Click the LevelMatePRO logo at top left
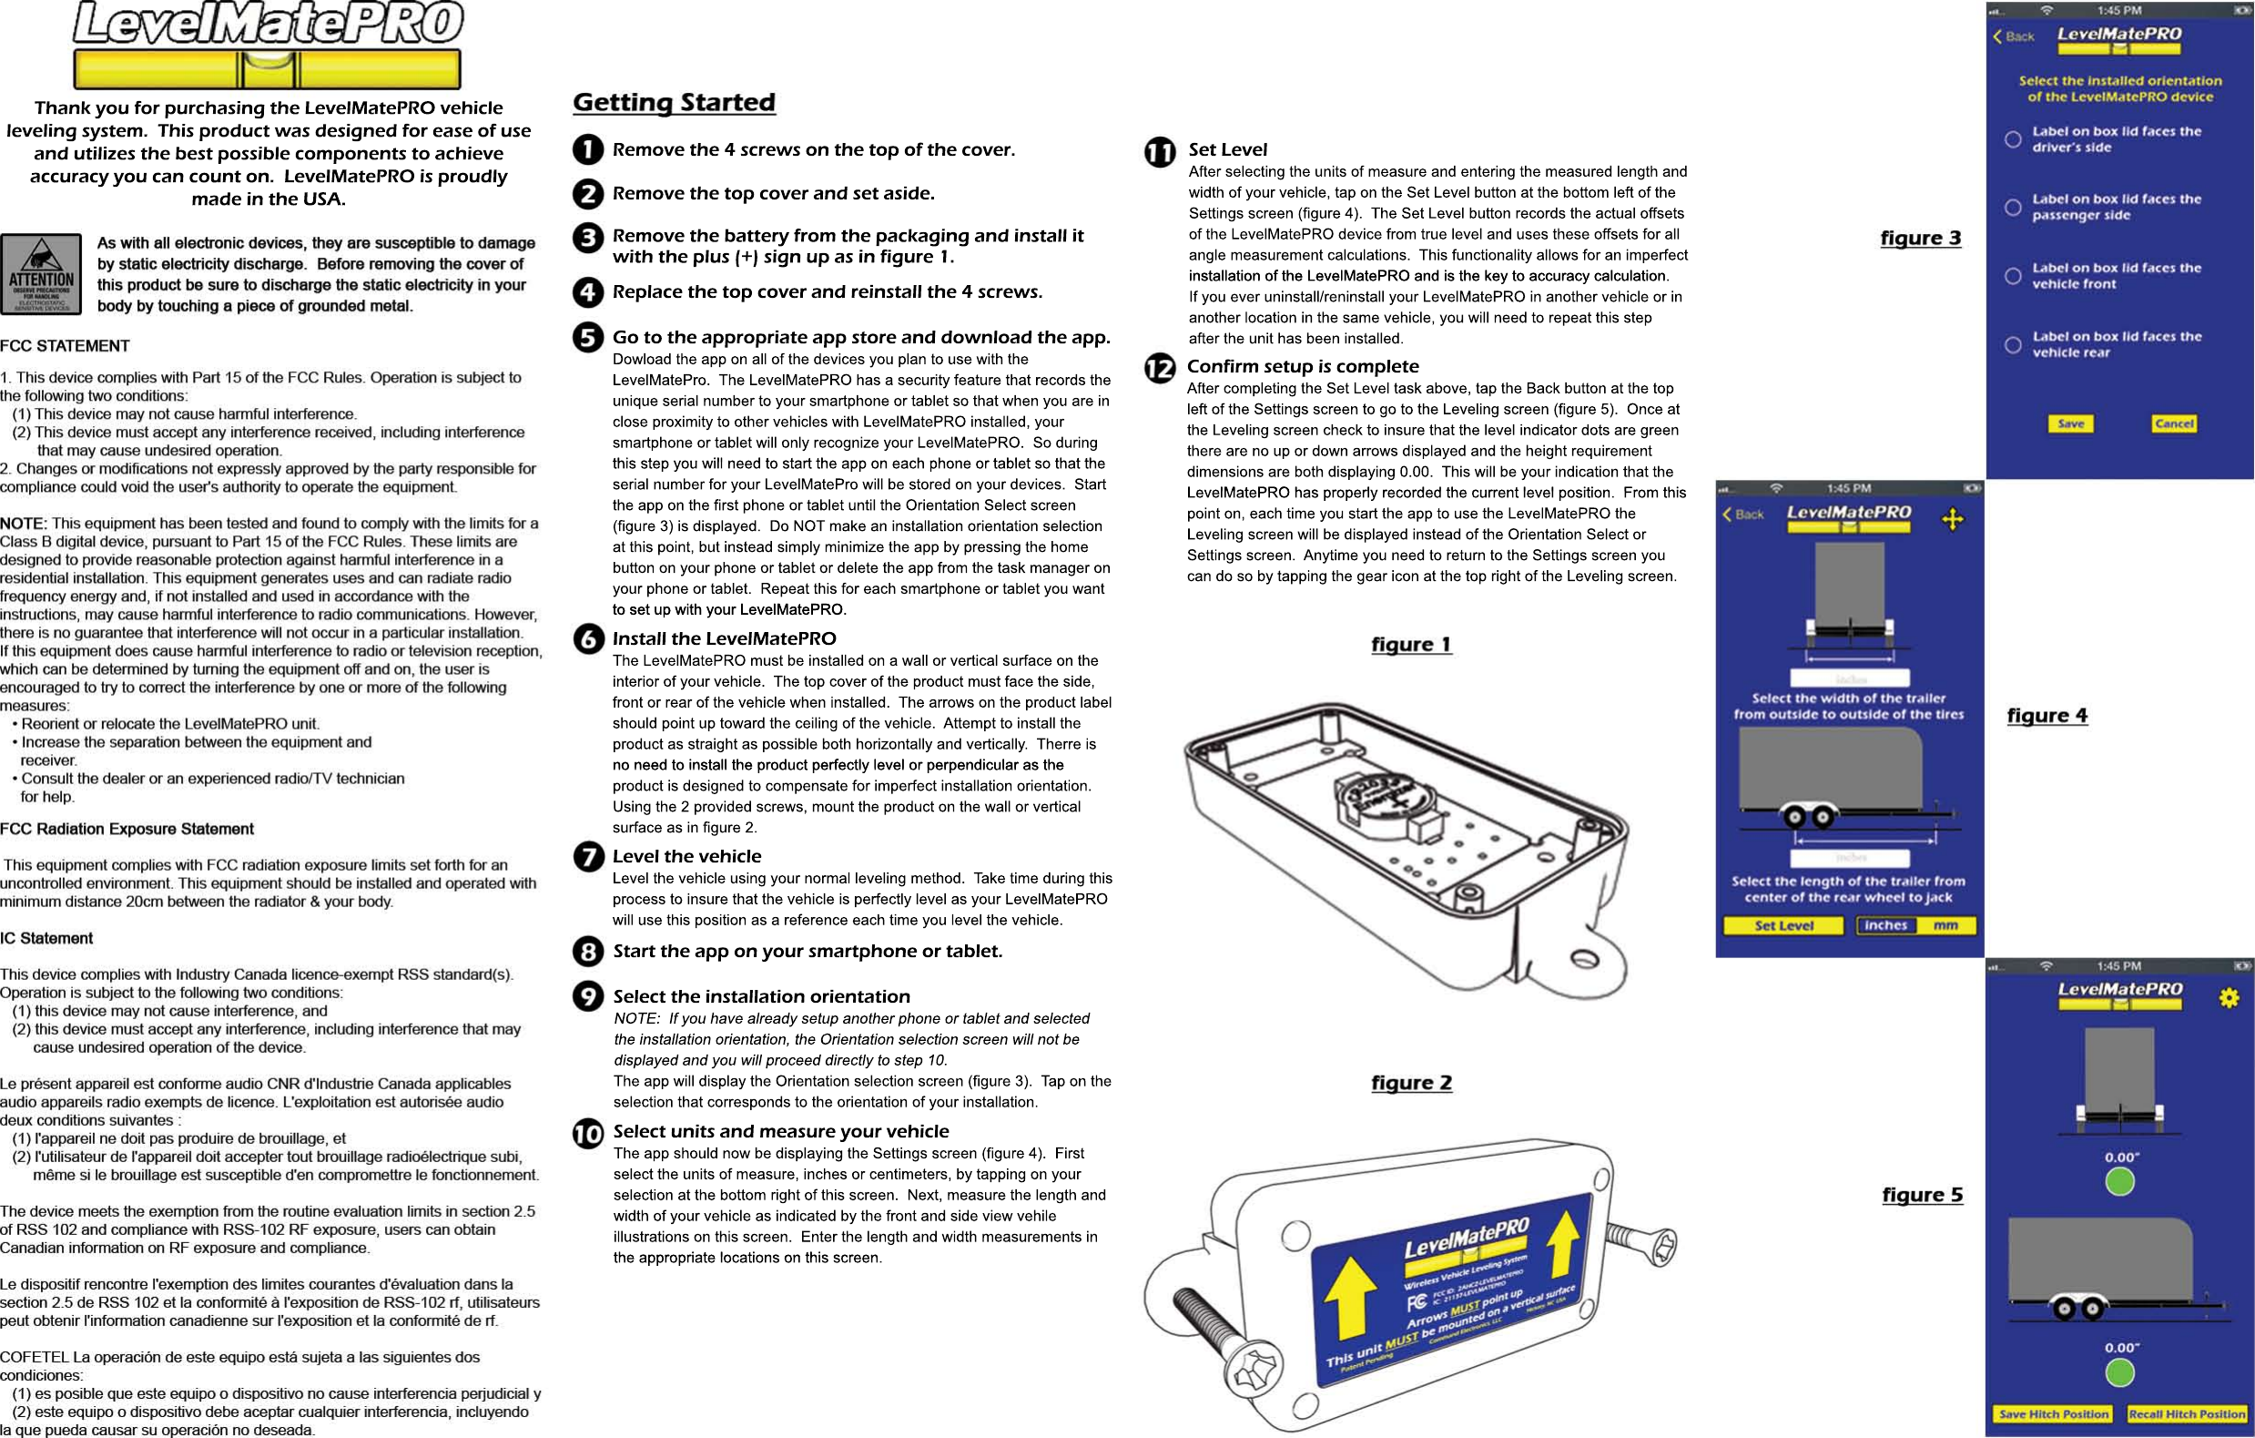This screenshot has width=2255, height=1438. click(268, 44)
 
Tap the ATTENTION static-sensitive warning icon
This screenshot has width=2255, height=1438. click(41, 273)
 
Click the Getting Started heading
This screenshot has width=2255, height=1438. click(675, 102)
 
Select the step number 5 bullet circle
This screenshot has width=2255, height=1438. click(588, 337)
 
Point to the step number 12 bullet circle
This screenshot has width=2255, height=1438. click(1159, 368)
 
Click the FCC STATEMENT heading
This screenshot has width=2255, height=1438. click(66, 346)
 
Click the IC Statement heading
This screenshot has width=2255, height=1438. click(46, 938)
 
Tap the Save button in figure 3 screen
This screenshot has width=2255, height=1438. click(2070, 423)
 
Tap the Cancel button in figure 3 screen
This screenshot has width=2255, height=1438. click(2174, 423)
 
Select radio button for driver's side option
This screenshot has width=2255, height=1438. click(2013, 139)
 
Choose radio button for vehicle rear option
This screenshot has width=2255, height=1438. click(2013, 345)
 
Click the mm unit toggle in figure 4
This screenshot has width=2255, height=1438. click(1945, 925)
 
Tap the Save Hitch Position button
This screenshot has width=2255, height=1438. click(2054, 1413)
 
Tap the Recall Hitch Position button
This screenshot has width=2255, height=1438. click(2186, 1413)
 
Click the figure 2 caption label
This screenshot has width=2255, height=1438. click(1411, 1083)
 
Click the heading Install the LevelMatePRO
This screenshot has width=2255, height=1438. click(724, 639)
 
